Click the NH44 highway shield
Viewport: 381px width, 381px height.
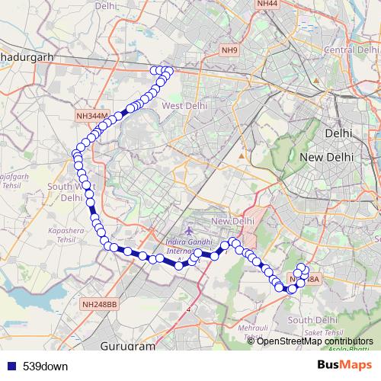(267, 4)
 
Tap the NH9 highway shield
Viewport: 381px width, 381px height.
(229, 50)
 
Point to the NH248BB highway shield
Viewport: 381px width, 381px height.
(100, 303)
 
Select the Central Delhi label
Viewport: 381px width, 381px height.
(347, 50)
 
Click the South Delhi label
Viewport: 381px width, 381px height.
(308, 320)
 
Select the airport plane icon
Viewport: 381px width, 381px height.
(188, 231)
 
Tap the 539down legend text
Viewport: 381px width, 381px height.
(46, 366)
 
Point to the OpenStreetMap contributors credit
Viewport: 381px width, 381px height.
(315, 341)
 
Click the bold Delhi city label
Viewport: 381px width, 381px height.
(338, 133)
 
